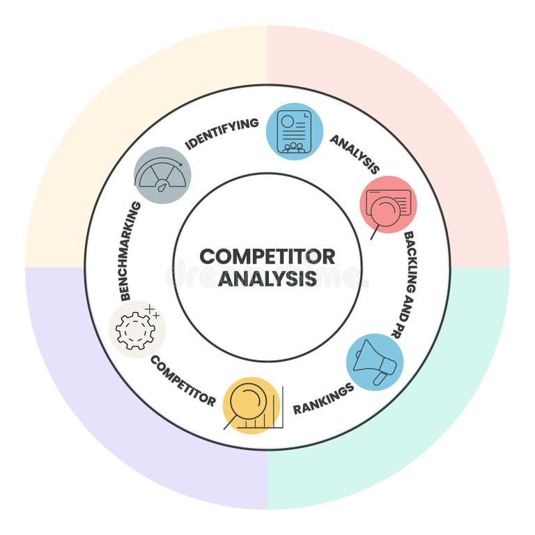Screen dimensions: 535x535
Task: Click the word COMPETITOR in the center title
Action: [267, 256]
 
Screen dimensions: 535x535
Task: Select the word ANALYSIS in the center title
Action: [267, 279]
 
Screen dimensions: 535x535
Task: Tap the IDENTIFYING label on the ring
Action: [222, 133]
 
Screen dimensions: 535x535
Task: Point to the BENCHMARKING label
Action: [130, 251]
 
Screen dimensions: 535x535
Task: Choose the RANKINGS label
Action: [323, 398]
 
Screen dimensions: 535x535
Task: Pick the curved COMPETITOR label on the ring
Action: [183, 380]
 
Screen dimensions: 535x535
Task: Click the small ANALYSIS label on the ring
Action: [355, 154]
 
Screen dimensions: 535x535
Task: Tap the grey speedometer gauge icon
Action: [162, 175]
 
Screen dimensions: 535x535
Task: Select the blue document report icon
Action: [295, 132]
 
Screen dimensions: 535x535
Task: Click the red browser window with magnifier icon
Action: [388, 205]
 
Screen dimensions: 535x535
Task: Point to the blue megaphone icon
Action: [375, 362]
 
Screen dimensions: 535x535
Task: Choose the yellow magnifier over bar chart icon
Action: [251, 405]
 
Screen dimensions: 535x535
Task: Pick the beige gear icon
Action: [137, 329]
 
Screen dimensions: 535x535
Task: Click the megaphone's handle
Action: [380, 378]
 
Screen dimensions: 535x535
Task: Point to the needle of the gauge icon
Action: [162, 185]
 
